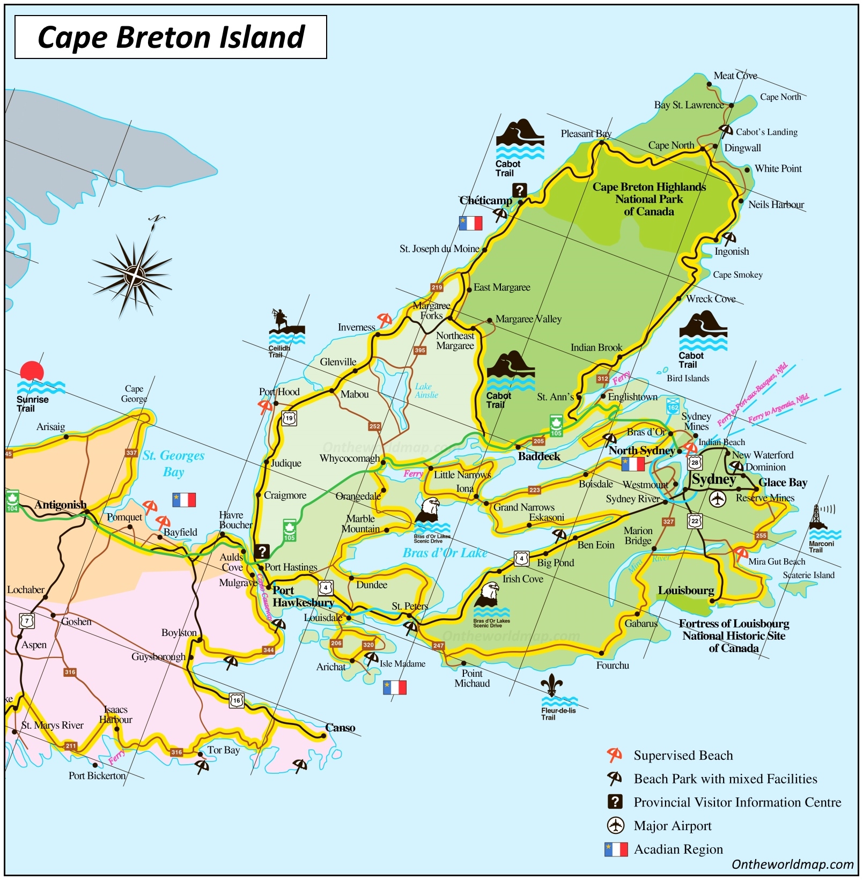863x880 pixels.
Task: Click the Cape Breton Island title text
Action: [x=171, y=37]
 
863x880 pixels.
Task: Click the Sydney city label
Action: [x=713, y=479]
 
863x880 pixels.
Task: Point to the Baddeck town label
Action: [x=539, y=456]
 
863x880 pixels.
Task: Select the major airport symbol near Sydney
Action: [x=717, y=499]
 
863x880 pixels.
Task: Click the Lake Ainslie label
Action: [x=426, y=390]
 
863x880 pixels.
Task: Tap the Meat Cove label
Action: [x=735, y=76]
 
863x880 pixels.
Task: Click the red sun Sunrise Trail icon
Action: [x=32, y=372]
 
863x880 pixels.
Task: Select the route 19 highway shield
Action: [x=289, y=418]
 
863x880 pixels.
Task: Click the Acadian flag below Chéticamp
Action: [x=470, y=223]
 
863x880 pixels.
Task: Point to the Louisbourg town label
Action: [x=685, y=590]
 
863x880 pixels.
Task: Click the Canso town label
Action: [x=340, y=728]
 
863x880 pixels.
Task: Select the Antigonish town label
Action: [x=60, y=505]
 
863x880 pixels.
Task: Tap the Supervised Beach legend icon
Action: [x=615, y=755]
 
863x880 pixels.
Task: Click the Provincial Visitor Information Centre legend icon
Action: [x=615, y=802]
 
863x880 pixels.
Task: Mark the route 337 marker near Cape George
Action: [x=131, y=453]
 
